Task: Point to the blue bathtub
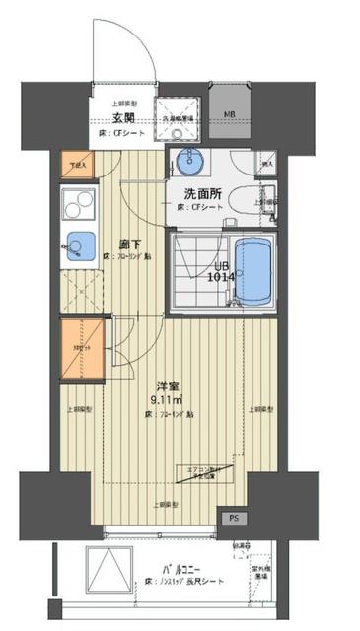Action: tap(256, 269)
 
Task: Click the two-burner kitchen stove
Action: tap(75, 205)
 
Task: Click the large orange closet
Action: tap(80, 348)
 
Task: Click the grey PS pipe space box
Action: tap(234, 518)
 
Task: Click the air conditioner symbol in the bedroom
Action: tap(204, 474)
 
